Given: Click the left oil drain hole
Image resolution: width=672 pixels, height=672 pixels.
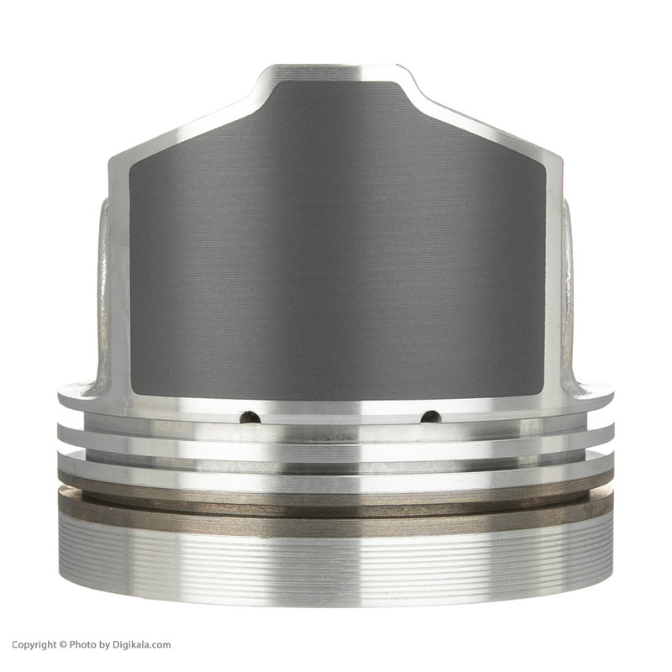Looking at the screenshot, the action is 249,417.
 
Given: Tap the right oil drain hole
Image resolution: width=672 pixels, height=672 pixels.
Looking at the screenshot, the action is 430,417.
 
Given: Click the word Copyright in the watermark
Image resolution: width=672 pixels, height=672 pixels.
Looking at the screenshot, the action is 34,644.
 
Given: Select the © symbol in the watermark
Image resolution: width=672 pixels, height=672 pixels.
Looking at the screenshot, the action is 63,644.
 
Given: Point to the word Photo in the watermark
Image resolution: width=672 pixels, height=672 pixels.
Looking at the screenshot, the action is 83,644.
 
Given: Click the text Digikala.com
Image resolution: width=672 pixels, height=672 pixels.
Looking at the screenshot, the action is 142,644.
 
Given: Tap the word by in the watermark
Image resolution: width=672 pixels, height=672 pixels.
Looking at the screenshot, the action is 105,645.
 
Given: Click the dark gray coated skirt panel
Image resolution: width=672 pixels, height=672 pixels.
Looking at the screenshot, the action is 337,249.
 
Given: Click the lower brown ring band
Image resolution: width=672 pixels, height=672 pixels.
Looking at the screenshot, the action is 336,513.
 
